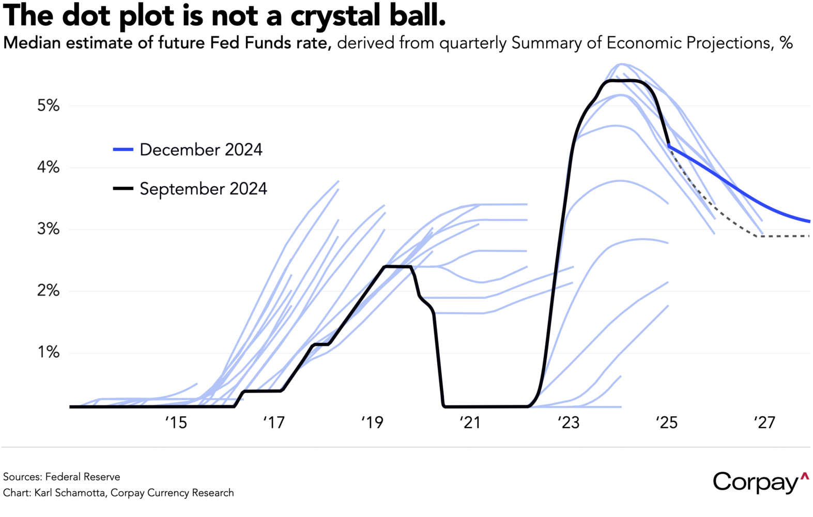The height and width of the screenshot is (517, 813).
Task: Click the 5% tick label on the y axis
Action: (x=48, y=106)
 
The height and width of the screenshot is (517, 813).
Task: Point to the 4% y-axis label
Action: (x=48, y=168)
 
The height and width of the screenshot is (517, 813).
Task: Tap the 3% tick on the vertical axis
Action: (x=48, y=229)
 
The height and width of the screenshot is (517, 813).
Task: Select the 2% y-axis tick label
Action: (x=48, y=291)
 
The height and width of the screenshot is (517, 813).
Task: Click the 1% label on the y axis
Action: (x=48, y=353)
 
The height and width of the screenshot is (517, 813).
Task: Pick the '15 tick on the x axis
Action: (x=176, y=423)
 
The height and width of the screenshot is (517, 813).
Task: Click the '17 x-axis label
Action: (x=274, y=423)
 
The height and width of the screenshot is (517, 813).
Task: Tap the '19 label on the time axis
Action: (x=372, y=423)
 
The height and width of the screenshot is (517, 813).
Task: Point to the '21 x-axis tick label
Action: (x=470, y=423)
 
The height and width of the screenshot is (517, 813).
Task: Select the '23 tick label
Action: (x=569, y=423)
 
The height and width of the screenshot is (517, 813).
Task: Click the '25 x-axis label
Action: (x=666, y=423)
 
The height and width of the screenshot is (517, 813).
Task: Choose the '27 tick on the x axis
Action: (x=764, y=423)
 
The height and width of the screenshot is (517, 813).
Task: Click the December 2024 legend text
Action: (x=201, y=150)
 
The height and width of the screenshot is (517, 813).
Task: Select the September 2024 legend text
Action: (x=203, y=189)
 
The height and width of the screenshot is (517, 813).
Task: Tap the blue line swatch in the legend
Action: (x=123, y=150)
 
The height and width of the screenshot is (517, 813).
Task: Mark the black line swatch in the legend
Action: (x=123, y=189)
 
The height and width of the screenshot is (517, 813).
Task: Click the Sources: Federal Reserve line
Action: (x=62, y=477)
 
